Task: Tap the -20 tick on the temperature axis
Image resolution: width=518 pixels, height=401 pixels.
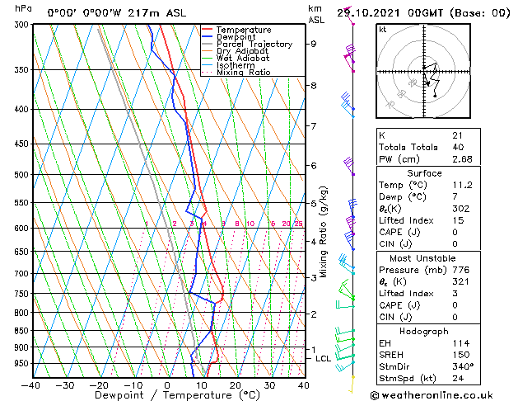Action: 99,384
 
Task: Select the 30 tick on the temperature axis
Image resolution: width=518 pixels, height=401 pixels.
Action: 269,384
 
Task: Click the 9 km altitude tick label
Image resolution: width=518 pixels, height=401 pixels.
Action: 314,44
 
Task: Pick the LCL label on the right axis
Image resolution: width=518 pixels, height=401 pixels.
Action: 324,359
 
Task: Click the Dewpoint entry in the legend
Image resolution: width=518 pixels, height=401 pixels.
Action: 238,37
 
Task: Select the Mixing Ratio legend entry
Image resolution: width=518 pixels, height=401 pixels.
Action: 244,73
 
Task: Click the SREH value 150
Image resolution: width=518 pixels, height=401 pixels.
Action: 460,355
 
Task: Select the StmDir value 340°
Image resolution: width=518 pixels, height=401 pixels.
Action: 462,366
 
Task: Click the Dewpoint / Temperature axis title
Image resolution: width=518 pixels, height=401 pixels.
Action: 167,396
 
